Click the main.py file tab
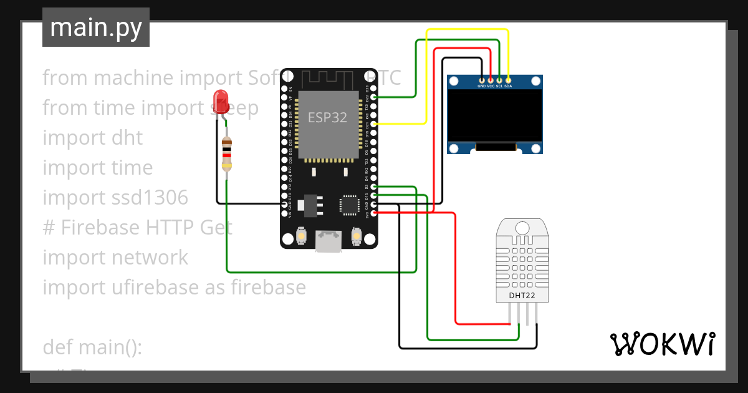(x=96, y=27)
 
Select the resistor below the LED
(x=228, y=155)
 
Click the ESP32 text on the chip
(x=327, y=117)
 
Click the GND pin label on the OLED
(x=481, y=86)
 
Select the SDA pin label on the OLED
(x=508, y=86)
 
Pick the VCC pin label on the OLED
(x=491, y=86)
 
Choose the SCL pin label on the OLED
(x=499, y=86)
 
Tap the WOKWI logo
(x=661, y=344)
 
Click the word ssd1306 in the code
(x=154, y=198)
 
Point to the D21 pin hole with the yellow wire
(x=374, y=124)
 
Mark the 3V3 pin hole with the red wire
(x=374, y=213)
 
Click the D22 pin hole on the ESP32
(x=374, y=97)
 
